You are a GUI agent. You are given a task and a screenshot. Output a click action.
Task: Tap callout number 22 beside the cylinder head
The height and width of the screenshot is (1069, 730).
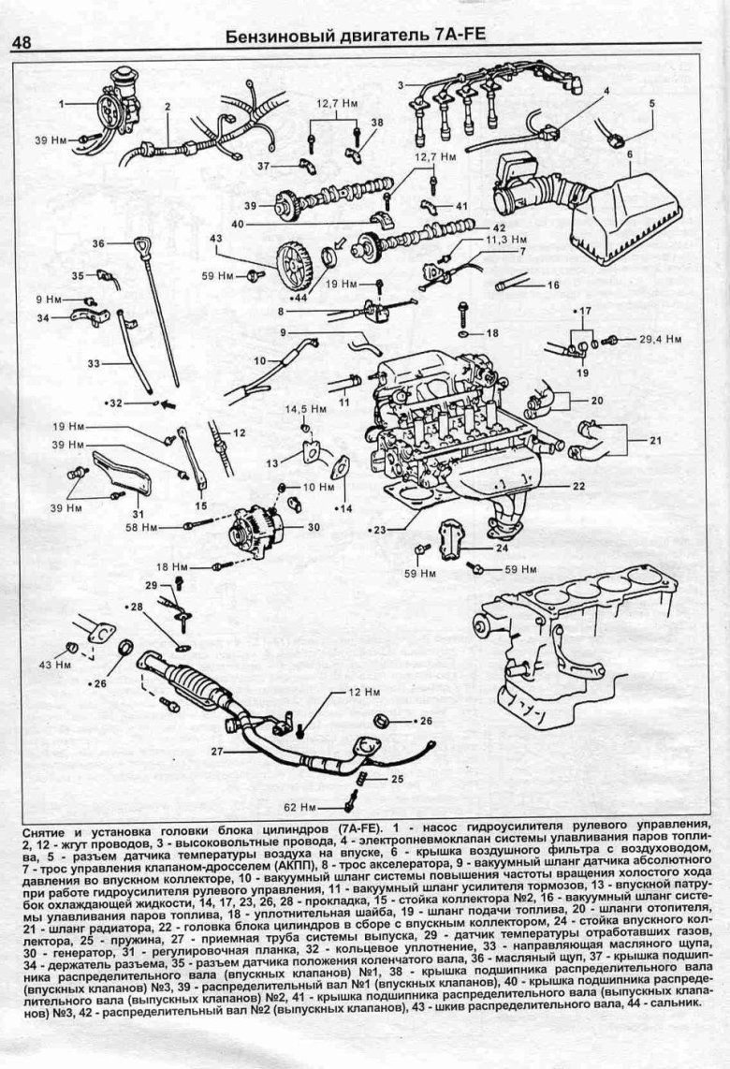(579, 486)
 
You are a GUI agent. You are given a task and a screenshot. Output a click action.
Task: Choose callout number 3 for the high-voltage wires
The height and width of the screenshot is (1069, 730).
(400, 86)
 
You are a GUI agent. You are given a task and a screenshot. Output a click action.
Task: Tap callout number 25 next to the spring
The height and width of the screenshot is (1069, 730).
(397, 778)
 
